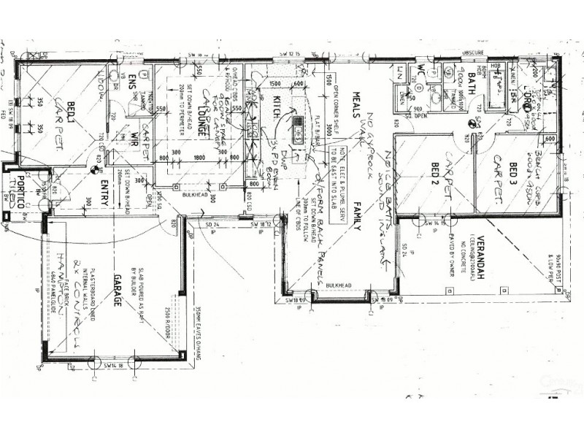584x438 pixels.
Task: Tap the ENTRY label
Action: pyautogui.click(x=104, y=192)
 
